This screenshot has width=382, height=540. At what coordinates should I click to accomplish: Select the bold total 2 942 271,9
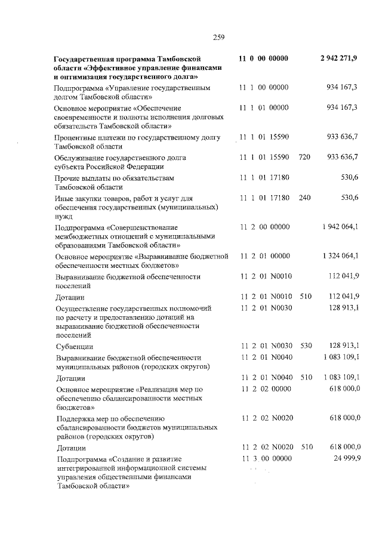pos(339,58)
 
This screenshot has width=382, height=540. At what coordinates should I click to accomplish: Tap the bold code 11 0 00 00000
pos(263,58)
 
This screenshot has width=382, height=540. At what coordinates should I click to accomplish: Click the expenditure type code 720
pos(304,157)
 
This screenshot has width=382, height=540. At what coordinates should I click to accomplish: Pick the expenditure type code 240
pos(304,198)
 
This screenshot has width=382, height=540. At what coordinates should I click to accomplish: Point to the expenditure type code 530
pos(306,346)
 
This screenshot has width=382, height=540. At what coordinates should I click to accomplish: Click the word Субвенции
pos(74,347)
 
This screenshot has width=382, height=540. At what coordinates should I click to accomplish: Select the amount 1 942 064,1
pos(340,227)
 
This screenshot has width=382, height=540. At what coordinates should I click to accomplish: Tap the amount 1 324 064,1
pos(340,256)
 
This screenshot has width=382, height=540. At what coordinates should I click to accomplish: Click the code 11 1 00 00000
pos(264,88)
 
